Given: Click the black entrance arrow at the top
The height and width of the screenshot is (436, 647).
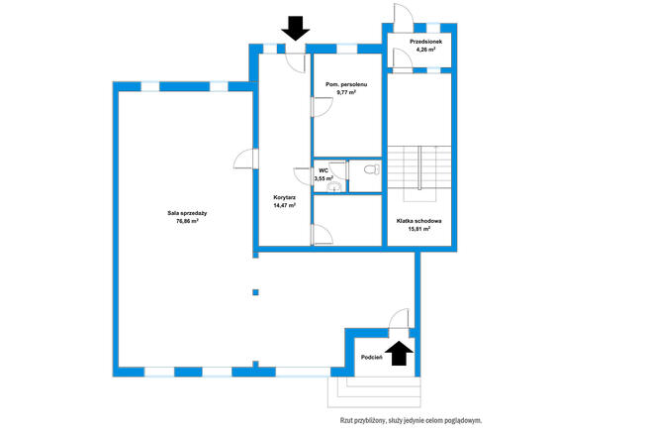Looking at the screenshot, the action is click(296, 28).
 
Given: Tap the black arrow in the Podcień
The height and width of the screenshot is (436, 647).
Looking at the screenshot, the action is click(399, 353).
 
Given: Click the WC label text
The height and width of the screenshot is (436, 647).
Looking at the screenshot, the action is click(323, 170).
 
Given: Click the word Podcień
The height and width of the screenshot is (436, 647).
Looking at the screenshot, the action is click(372, 358).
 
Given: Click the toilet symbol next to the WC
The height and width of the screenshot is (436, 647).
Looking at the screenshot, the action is click(372, 169).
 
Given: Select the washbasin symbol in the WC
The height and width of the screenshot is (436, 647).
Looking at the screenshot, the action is click(334, 187).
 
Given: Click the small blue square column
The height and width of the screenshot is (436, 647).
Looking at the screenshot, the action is click(256, 292).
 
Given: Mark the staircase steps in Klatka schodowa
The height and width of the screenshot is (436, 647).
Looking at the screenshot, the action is click(419, 167).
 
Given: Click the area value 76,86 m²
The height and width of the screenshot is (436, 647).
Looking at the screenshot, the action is click(187, 221).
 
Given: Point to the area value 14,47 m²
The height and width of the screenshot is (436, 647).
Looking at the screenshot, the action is click(284, 205).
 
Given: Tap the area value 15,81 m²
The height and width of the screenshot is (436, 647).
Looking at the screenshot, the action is click(419, 229).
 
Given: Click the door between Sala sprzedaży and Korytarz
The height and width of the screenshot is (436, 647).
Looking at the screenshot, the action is click(246, 159).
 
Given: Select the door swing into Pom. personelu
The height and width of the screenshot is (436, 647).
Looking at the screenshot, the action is click(323, 107).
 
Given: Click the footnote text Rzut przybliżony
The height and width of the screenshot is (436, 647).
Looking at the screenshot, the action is click(363, 421).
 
